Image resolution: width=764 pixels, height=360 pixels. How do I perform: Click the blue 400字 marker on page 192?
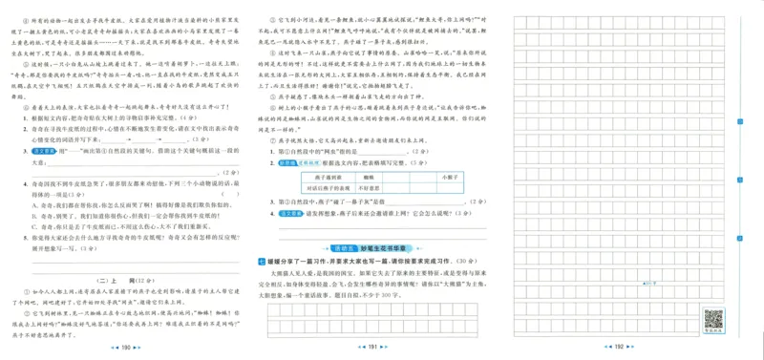pyautogui.click(x=649, y=284)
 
